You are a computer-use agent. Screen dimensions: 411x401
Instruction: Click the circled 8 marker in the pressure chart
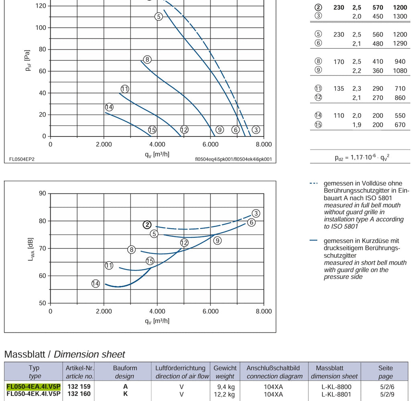pyautogui.click(x=147, y=59)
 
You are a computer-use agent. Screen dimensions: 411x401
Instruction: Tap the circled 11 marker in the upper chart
pyautogui.click(x=125, y=89)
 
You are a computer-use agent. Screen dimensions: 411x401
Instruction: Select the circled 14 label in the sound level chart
pyautogui.click(x=96, y=283)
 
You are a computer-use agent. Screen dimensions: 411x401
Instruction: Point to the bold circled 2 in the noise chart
pyautogui.click(x=147, y=225)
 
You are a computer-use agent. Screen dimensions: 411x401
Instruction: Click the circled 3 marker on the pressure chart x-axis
pyautogui.click(x=256, y=130)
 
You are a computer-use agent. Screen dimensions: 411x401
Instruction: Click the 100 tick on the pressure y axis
pyautogui.click(x=41, y=28)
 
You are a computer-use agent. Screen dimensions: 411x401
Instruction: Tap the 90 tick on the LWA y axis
pyautogui.click(x=43, y=193)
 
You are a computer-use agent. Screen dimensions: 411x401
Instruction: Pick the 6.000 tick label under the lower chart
pyautogui.click(x=210, y=311)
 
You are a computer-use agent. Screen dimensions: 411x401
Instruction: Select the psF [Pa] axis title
pyautogui.click(x=28, y=60)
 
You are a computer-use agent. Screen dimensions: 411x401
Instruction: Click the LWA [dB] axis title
pyautogui.click(x=31, y=249)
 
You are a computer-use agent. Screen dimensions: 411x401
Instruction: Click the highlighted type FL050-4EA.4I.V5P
pyautogui.click(x=34, y=387)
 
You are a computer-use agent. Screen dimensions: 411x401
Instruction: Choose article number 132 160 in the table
pyautogui.click(x=79, y=394)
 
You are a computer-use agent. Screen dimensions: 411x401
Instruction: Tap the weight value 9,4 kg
pyautogui.click(x=226, y=387)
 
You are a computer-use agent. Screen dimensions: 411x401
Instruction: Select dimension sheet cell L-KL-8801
pyautogui.click(x=336, y=394)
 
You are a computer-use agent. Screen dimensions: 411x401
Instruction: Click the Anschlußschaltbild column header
pyautogui.click(x=273, y=368)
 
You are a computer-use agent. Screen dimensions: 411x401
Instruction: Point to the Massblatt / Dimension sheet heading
pyautogui.click(x=65, y=354)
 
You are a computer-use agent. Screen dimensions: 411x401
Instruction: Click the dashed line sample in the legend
pyautogui.click(x=314, y=183)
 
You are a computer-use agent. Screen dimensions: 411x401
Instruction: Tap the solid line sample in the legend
pyautogui.click(x=313, y=240)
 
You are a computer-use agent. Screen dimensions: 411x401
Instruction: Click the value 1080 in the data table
pyautogui.click(x=400, y=71)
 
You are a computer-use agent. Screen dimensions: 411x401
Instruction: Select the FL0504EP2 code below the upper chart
pyautogui.click(x=22, y=159)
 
